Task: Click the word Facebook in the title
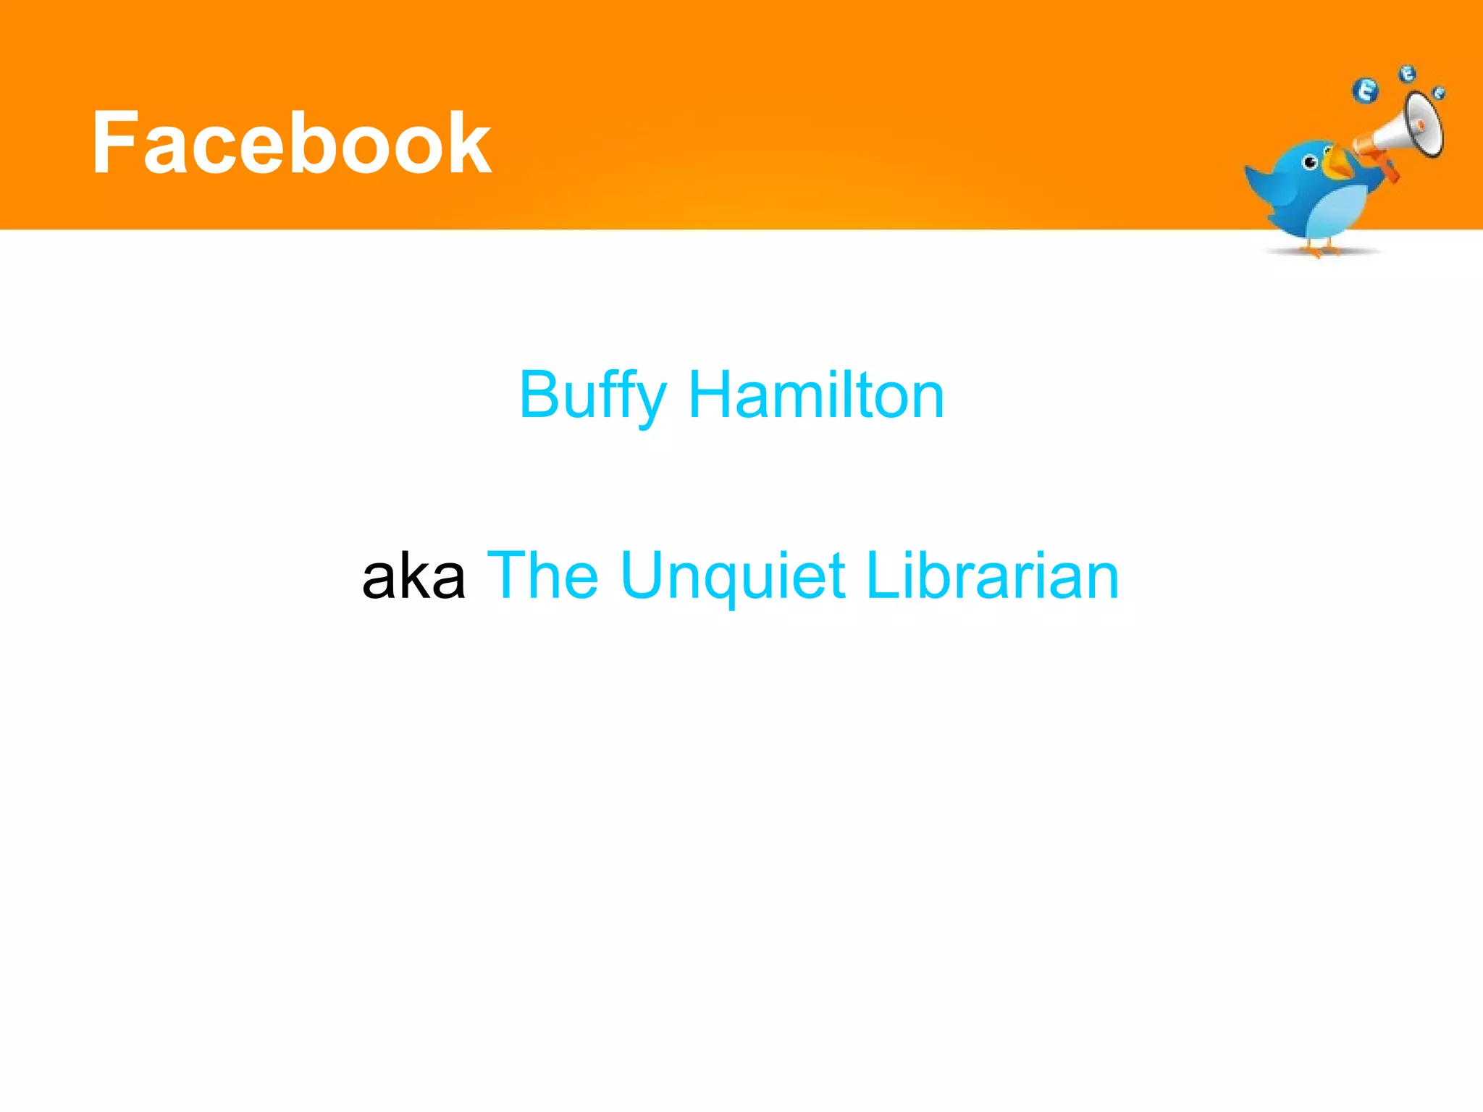coord(291,143)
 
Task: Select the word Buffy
coord(592,396)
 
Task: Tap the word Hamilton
coord(816,395)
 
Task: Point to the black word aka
coord(413,576)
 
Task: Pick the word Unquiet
coord(733,577)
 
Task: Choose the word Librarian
coord(992,576)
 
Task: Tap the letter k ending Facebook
coord(470,142)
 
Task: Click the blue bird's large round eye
coord(1310,162)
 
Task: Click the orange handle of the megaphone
coord(1388,172)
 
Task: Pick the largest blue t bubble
coord(1366,91)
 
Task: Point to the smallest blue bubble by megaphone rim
coord(1439,93)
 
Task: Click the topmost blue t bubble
coord(1407,73)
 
